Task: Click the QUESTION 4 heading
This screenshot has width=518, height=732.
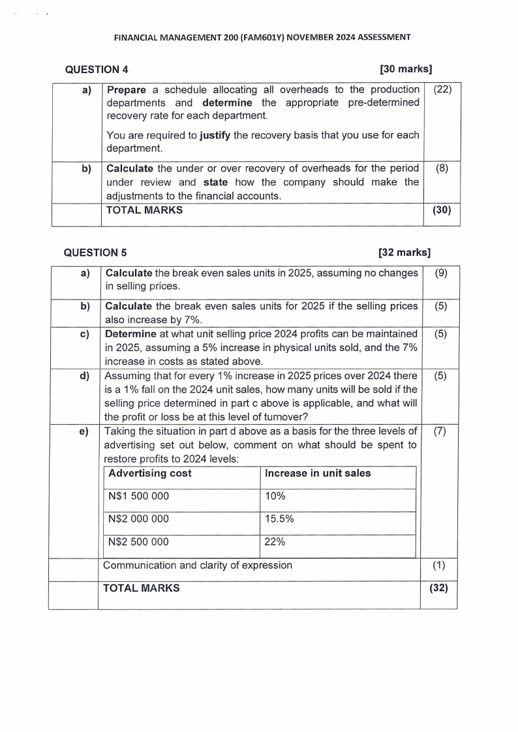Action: pos(96,69)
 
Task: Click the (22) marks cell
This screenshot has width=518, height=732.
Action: pos(442,89)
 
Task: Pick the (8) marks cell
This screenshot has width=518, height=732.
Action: pos(442,168)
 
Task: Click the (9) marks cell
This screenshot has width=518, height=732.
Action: pos(440,273)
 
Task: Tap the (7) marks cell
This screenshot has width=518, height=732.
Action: pos(440,431)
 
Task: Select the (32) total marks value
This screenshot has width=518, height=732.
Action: pos(439,588)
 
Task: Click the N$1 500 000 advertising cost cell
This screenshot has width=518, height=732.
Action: pos(138,496)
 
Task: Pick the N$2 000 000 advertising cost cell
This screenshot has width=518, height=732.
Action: pos(138,519)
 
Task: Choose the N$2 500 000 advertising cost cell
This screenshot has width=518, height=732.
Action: pos(138,541)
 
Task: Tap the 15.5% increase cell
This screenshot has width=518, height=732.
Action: pos(279,519)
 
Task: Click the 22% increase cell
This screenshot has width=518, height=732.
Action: pos(275,541)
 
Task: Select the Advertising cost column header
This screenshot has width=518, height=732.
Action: pos(150,473)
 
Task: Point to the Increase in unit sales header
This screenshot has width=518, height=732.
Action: pos(318,473)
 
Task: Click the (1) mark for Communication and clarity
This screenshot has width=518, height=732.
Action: pos(439,566)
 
